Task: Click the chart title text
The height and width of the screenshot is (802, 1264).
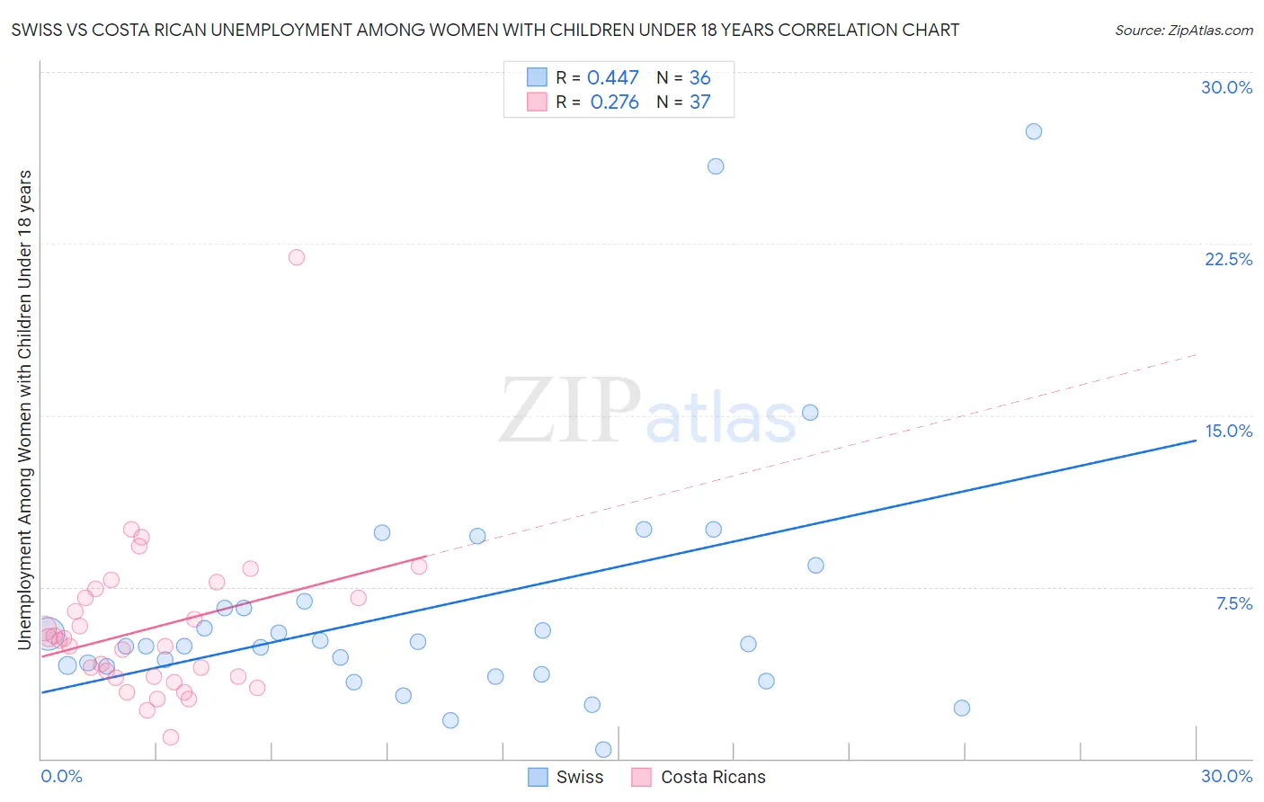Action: tap(485, 30)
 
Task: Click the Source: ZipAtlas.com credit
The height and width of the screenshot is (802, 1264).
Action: tap(1183, 30)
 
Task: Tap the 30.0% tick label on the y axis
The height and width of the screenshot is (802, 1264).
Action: tap(1226, 87)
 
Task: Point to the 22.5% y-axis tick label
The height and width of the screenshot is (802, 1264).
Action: tap(1228, 259)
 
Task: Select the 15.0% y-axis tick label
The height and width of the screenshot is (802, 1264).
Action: tap(1228, 431)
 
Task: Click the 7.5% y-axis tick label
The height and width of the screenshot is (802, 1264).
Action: tap(1233, 603)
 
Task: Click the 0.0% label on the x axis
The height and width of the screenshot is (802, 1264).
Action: tap(61, 776)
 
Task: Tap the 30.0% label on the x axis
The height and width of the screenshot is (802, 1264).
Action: tap(1226, 776)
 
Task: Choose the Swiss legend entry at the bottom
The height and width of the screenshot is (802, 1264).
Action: tap(565, 777)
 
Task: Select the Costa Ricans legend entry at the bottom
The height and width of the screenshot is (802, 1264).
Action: tap(699, 777)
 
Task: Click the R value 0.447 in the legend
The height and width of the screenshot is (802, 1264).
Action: tap(612, 78)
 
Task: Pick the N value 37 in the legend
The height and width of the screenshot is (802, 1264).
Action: tap(699, 102)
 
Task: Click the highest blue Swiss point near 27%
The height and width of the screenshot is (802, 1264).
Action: tap(1034, 131)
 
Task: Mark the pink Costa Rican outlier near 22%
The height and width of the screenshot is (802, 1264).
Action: tap(297, 257)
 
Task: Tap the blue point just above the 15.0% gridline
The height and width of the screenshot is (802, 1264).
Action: tap(810, 413)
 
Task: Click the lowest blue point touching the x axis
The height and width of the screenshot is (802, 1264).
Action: tap(603, 750)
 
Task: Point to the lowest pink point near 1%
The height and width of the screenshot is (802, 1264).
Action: tap(171, 737)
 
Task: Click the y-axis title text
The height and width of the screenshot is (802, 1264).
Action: tap(25, 409)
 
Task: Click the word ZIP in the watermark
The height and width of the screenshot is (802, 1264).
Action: tap(570, 411)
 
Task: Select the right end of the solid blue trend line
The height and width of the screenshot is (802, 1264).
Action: tap(1196, 441)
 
